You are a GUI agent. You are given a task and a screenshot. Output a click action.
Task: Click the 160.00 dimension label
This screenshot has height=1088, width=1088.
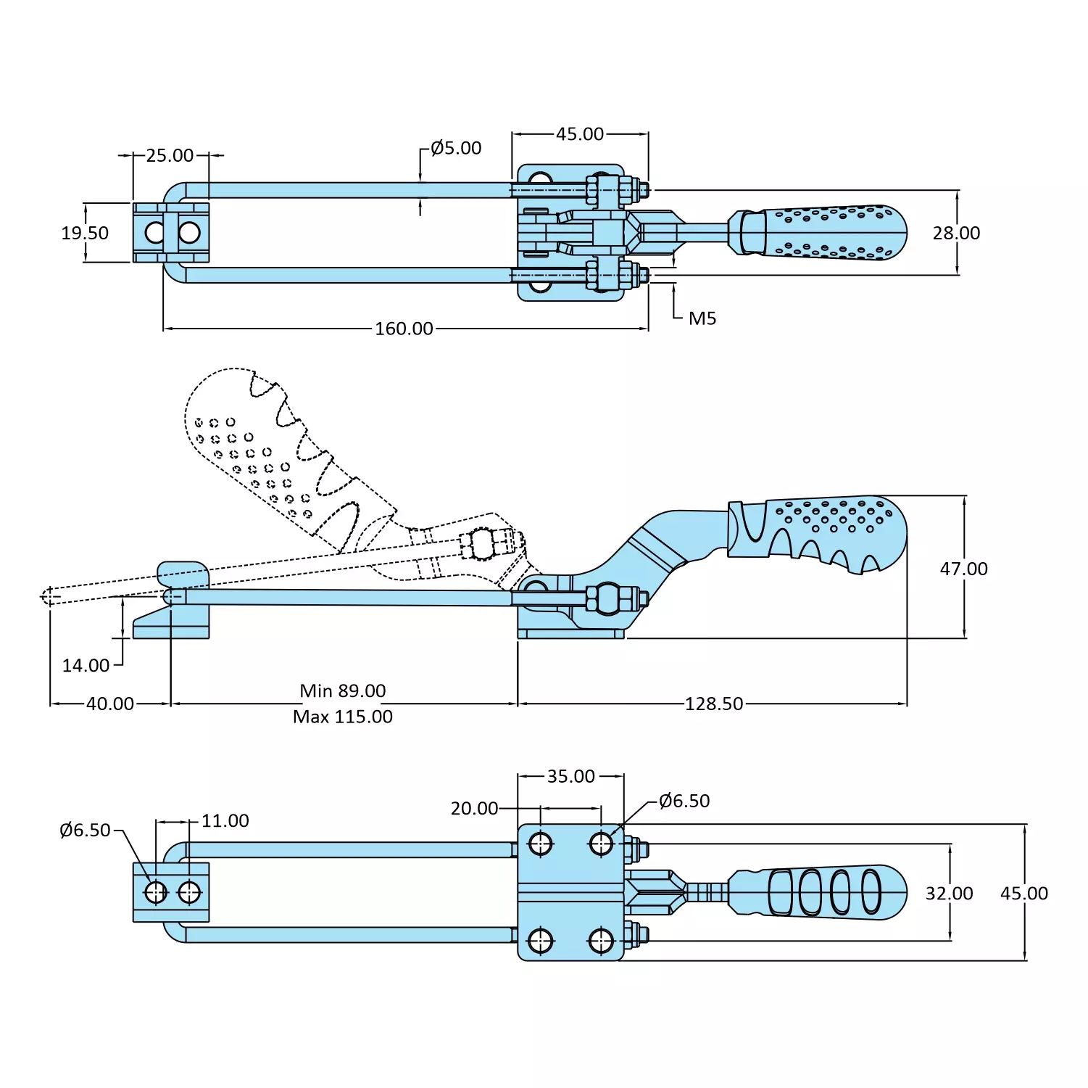[404, 329]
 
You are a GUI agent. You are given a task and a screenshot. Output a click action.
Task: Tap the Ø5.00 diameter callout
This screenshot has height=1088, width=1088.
[456, 148]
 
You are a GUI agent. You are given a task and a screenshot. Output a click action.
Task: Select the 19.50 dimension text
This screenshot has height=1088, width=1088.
[85, 233]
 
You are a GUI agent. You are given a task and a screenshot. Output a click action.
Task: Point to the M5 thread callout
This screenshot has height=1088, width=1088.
[702, 318]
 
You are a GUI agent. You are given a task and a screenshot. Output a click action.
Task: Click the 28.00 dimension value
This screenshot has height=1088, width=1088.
[956, 233]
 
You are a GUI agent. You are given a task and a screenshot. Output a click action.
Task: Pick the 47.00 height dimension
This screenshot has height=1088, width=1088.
[963, 569]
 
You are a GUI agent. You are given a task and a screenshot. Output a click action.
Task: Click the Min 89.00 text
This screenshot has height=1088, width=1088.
[343, 691]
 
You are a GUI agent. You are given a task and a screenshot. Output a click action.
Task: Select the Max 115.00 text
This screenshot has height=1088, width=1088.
[343, 717]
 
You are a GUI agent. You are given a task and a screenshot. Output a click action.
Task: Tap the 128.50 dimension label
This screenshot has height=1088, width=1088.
[714, 704]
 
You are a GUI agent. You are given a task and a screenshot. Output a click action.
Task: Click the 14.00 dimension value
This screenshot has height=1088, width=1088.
[86, 665]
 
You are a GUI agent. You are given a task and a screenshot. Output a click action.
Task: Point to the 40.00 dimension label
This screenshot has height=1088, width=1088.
[110, 704]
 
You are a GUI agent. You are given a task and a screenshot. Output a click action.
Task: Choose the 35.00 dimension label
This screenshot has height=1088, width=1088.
[571, 776]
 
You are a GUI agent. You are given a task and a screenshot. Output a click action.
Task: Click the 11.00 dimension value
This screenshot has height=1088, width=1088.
[225, 820]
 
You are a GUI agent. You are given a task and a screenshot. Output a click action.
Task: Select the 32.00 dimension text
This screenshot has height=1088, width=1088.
[949, 893]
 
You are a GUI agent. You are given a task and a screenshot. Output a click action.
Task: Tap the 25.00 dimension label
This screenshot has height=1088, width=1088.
[170, 155]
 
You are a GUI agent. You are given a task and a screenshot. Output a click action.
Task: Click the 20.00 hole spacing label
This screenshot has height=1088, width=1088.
[474, 808]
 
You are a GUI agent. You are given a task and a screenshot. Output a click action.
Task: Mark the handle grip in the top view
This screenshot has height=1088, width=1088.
[826, 232]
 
